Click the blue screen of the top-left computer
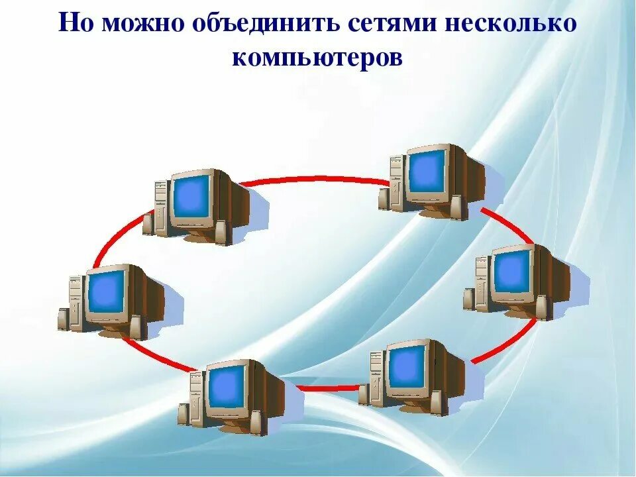191,196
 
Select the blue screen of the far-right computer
511,270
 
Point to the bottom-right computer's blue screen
406,366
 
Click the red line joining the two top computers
311,178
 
